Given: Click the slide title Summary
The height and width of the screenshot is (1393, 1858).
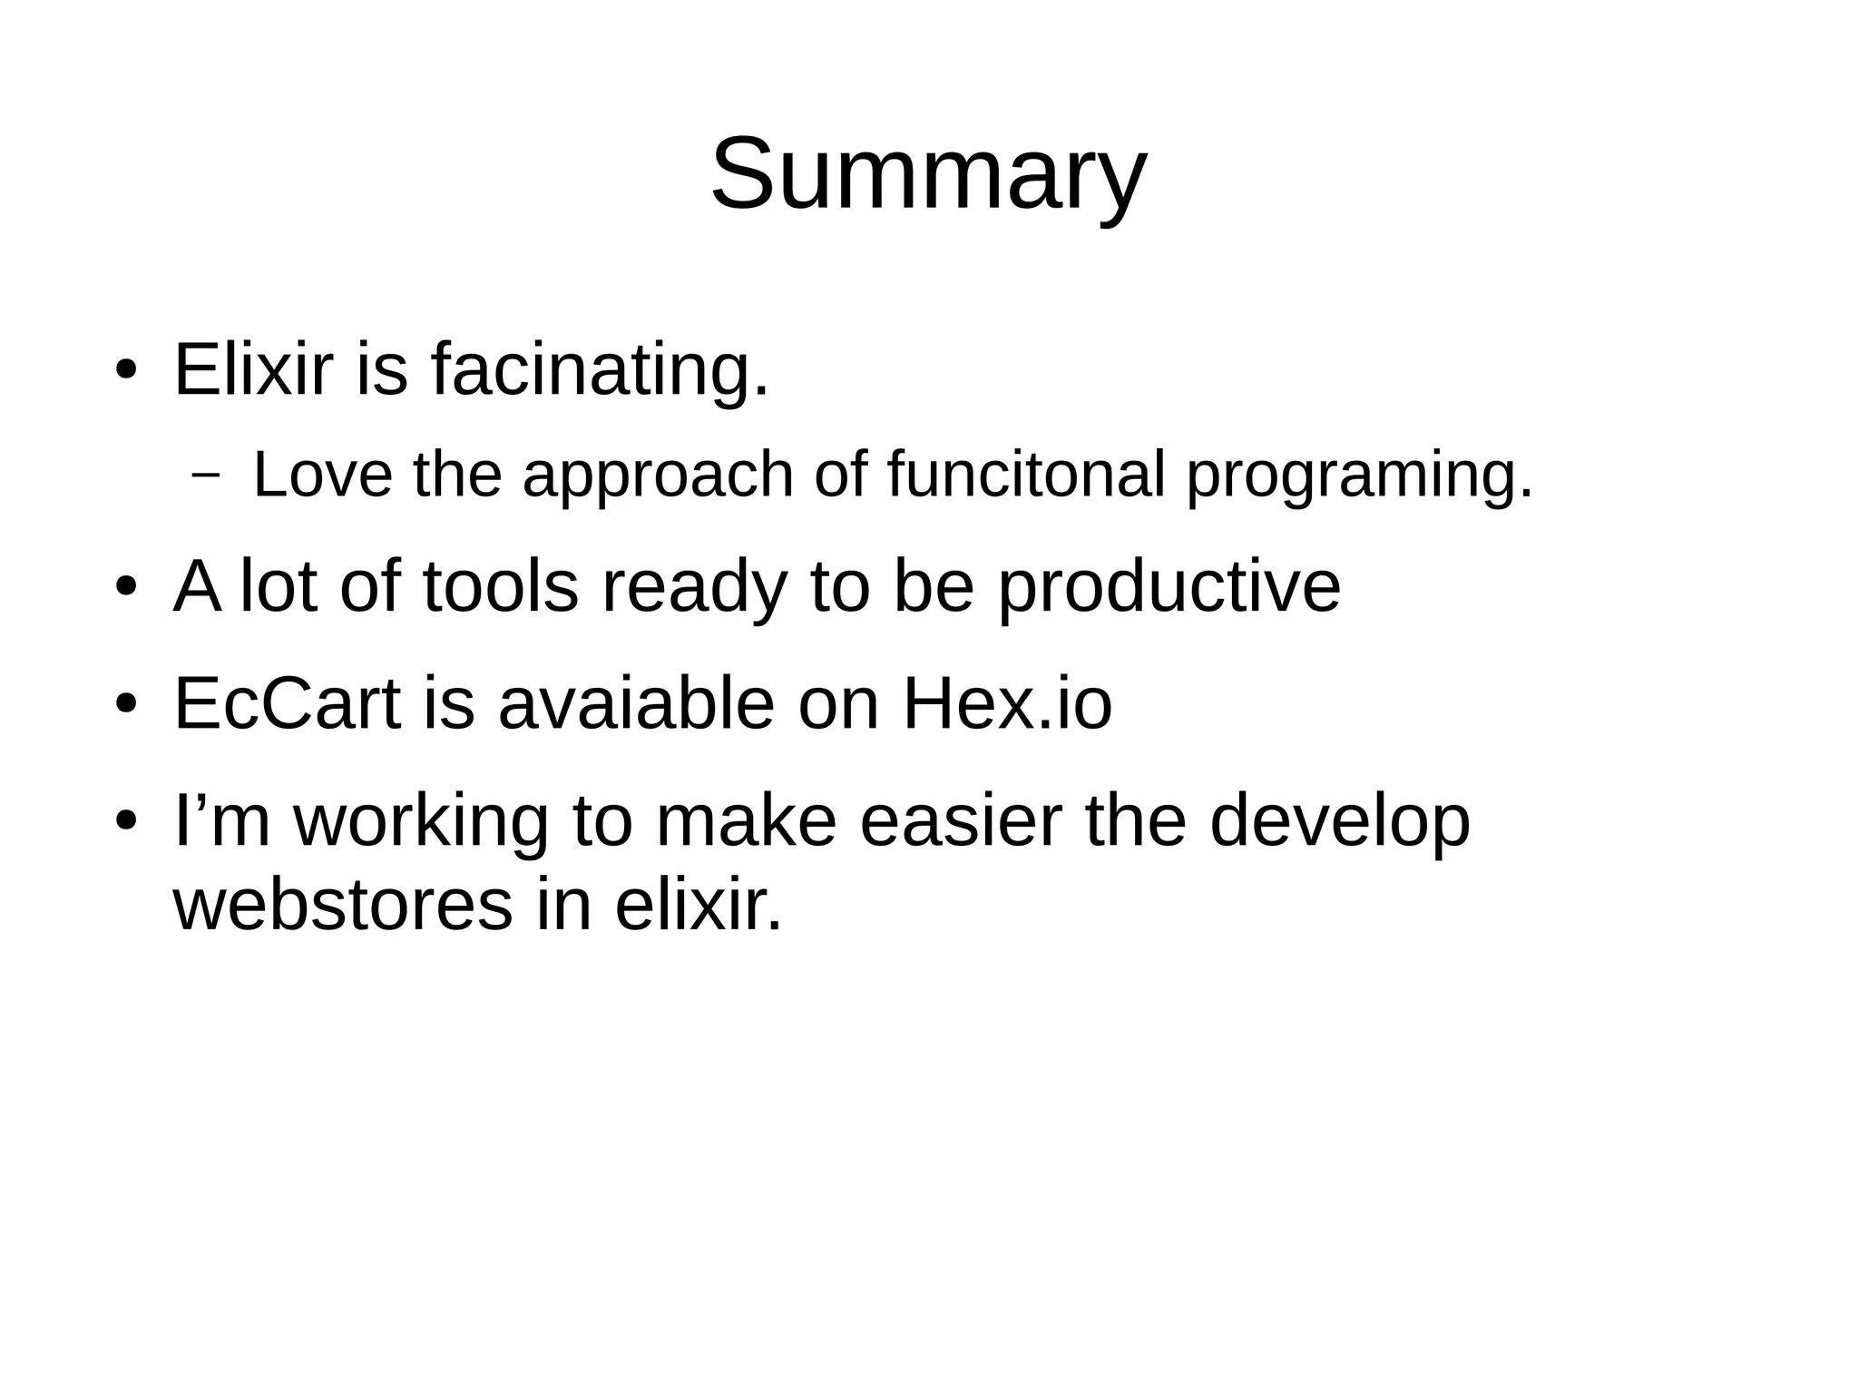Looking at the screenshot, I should [x=928, y=174].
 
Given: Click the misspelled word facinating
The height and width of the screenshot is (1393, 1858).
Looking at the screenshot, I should [x=600, y=370].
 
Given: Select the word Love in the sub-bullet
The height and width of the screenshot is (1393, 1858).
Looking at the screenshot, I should [x=322, y=475].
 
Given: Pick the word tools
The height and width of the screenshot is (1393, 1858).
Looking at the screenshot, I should [x=500, y=587].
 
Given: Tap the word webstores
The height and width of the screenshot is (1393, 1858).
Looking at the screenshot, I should [x=342, y=905].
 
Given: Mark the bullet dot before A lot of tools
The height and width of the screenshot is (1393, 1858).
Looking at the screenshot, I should [x=125, y=587].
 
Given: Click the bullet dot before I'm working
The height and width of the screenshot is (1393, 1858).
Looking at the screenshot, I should [x=125, y=820].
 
